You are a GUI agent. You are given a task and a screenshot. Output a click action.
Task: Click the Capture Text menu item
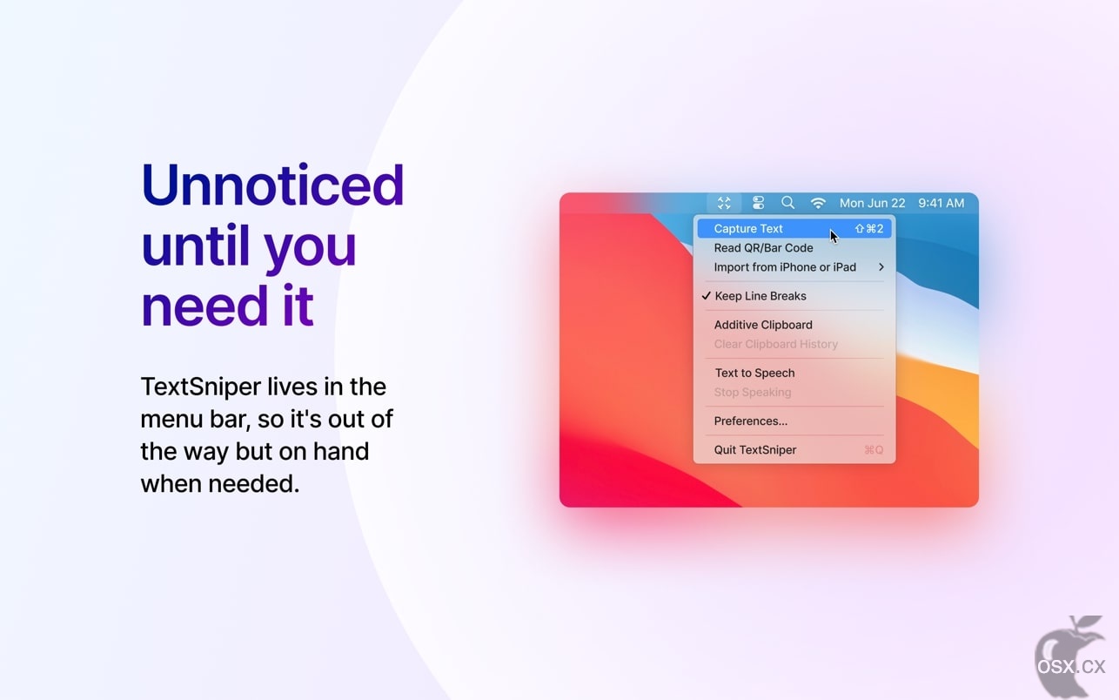(747, 229)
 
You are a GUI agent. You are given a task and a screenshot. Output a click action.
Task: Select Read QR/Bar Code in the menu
(763, 248)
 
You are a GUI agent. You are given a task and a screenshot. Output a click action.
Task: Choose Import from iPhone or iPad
(785, 267)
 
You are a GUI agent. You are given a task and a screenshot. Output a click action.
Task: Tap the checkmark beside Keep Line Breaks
(706, 296)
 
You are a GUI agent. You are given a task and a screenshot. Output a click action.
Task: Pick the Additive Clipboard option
(763, 325)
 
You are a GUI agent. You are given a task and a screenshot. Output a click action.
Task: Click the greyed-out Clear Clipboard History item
(776, 345)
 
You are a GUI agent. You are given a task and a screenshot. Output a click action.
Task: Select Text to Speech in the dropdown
(754, 373)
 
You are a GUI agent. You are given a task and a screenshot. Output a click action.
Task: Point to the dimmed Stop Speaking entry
(753, 393)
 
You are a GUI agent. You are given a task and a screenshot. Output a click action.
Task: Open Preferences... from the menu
(750, 421)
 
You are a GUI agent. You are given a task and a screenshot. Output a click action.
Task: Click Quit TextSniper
(754, 450)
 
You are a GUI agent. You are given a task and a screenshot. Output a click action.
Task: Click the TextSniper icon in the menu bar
(724, 203)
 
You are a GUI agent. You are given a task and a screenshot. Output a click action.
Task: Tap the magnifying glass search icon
(787, 203)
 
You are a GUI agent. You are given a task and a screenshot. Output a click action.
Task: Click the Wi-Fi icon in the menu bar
(818, 203)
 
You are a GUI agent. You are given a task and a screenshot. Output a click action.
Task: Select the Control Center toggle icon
(758, 203)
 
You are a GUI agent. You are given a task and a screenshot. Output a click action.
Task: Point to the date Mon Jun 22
(872, 203)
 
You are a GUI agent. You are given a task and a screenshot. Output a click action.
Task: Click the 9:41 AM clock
(941, 203)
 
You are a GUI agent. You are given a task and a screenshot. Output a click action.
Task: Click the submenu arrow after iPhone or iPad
(881, 267)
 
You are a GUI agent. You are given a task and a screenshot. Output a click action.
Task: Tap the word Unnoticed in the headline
(272, 185)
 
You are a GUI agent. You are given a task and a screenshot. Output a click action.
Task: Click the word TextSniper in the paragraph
(201, 387)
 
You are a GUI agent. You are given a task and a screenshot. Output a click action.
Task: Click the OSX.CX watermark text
(1071, 667)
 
